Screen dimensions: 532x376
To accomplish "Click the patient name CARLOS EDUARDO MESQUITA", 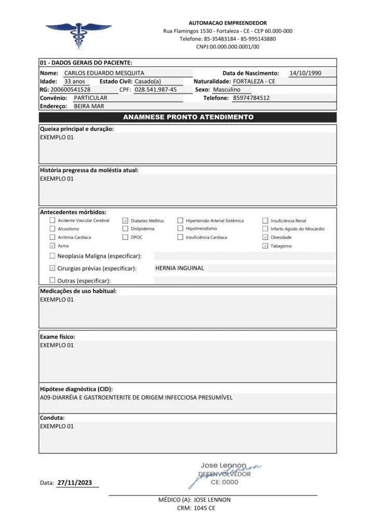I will coord(104,73).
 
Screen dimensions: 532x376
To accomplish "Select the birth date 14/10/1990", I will coord(305,73).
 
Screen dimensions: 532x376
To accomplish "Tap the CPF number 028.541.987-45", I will coord(155,89).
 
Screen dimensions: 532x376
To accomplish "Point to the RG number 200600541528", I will coord(70,89).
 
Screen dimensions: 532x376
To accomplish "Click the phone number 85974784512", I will coord(251,98).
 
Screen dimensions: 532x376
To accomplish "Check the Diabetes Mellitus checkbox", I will coord(125,221).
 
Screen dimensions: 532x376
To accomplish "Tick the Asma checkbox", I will coord(52,245).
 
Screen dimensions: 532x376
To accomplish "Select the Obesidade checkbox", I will coord(265,237).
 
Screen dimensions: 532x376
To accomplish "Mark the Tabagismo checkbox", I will coord(265,245).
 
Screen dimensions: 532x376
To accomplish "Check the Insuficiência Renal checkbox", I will coord(265,221).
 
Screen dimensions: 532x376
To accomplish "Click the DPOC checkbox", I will coord(125,237).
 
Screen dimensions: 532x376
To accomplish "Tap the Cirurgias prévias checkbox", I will coord(52,268).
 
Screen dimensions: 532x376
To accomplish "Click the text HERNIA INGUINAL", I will coord(179,268).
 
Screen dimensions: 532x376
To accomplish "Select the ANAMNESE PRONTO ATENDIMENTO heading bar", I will coord(187,117).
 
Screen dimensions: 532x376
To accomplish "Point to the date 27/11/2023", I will coord(75,483).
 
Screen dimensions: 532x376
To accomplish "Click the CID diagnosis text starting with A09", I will coord(136,397).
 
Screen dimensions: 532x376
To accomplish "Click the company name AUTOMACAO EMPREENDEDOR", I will coord(227,23).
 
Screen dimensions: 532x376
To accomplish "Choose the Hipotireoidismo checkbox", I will coord(181,229).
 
